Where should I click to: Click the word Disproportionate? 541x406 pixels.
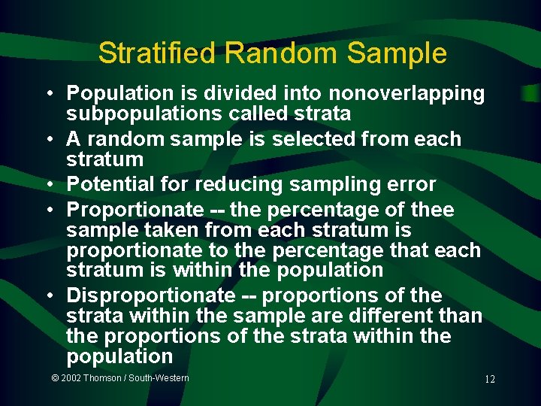150,295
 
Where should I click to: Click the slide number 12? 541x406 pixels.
489,380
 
